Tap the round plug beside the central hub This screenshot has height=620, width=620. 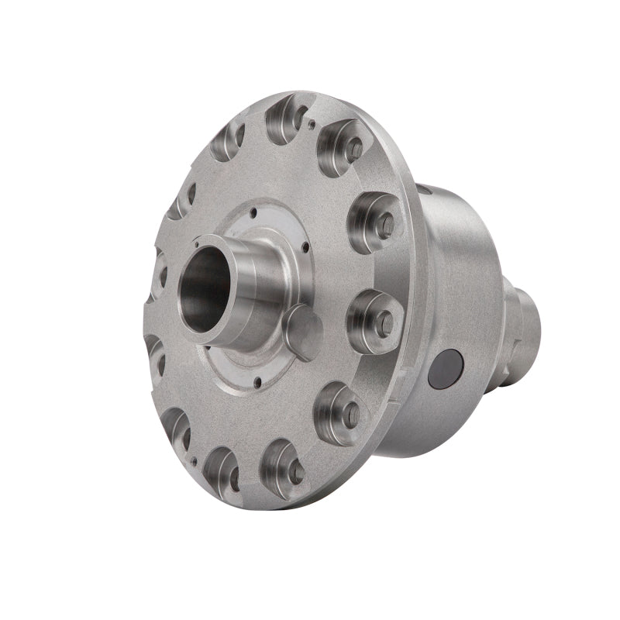[304, 332]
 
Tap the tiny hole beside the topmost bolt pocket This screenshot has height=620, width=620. [311, 122]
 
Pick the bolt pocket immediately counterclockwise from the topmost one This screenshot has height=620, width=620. [226, 138]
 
